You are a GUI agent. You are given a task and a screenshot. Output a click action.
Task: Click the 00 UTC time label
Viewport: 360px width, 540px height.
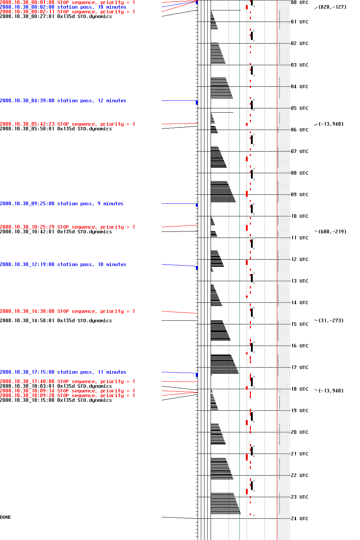click(300, 3)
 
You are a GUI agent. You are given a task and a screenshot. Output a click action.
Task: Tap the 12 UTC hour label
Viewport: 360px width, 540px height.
click(300, 259)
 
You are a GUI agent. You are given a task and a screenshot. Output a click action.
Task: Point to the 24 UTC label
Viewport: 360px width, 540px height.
click(300, 518)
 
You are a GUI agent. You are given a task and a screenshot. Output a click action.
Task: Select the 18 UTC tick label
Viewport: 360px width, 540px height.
click(300, 389)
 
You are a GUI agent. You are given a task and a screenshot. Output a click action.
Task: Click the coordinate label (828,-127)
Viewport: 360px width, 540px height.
click(332, 7)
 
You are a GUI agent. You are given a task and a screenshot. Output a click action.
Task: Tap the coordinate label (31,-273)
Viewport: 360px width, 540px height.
click(331, 320)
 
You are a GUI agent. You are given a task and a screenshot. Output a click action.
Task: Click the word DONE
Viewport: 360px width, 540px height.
click(6, 517)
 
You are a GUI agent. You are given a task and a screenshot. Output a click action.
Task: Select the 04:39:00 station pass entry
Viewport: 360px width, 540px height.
click(63, 101)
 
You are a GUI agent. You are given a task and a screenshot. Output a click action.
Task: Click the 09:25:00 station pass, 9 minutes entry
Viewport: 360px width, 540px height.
click(62, 204)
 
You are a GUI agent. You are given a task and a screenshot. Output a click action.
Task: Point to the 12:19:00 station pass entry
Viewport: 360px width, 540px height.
click(63, 265)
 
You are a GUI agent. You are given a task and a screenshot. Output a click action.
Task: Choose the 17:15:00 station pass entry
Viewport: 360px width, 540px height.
click(63, 372)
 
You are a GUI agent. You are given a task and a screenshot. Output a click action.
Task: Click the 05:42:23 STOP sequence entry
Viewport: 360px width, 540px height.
click(67, 124)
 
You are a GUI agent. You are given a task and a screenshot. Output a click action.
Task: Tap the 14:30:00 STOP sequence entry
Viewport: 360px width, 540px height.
click(67, 311)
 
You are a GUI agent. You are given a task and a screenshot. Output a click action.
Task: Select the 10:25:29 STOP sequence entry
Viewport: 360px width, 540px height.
click(67, 227)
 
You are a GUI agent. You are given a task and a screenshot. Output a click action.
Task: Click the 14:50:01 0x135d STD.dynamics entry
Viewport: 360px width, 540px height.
click(56, 321)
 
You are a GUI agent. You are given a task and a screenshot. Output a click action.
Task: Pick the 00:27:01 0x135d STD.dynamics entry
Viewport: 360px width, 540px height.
click(56, 17)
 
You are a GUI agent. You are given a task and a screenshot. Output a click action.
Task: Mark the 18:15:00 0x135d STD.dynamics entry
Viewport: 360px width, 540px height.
click(56, 400)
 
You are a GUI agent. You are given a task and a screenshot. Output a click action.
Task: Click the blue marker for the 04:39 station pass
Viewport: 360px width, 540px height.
click(197, 103)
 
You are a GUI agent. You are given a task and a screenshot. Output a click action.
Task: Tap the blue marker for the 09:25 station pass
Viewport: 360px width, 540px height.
click(197, 205)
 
